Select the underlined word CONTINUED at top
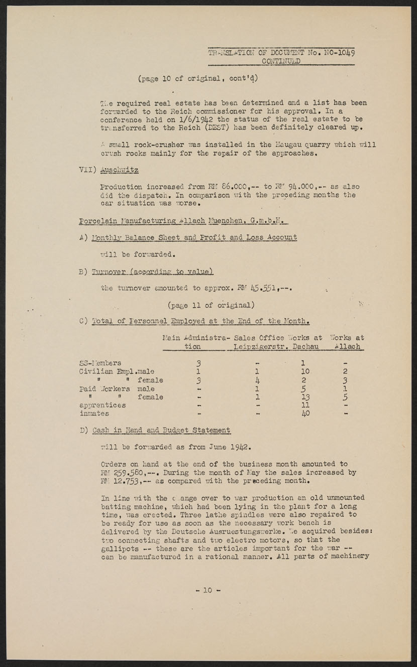point(281,61)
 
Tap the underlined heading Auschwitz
point(120,170)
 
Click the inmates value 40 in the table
point(304,414)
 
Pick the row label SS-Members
point(100,363)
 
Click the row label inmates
point(94,414)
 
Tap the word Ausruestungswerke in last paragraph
point(239,531)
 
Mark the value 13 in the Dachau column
point(304,397)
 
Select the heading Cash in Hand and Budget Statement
point(161,430)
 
